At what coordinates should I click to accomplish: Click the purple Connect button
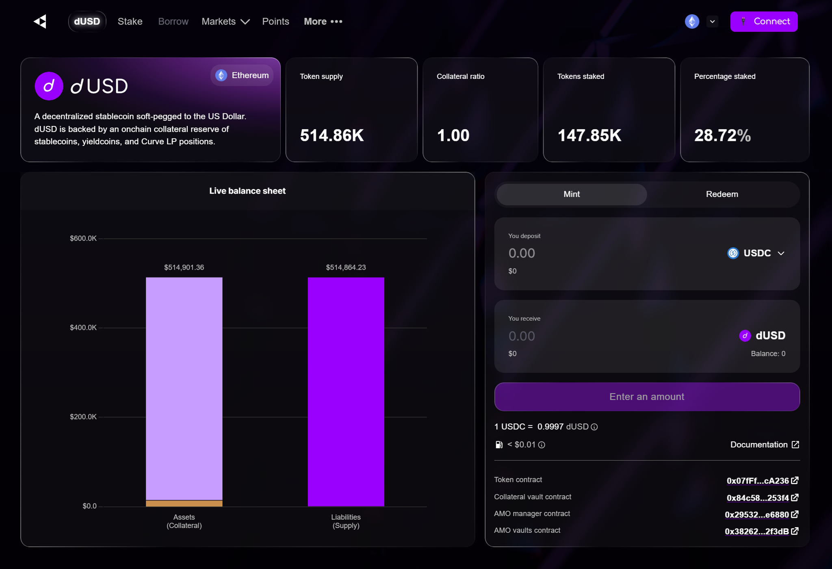coord(763,22)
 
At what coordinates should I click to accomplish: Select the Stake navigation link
coord(130,22)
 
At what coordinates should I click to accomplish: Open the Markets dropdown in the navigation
coord(225,22)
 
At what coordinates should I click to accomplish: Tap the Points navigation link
coord(275,22)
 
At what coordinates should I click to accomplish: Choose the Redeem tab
coord(721,194)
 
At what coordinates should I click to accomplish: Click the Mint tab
coord(571,194)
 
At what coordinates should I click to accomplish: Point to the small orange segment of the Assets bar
coord(184,504)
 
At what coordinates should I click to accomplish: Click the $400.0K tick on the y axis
coord(83,328)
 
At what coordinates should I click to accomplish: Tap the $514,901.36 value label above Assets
coord(184,267)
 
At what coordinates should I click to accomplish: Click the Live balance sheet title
coord(247,191)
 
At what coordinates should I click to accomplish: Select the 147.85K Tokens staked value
coord(589,135)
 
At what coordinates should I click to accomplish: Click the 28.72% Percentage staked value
coord(722,135)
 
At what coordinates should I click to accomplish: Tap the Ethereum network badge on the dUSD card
coord(242,76)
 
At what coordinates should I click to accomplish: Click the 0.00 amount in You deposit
coord(522,253)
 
